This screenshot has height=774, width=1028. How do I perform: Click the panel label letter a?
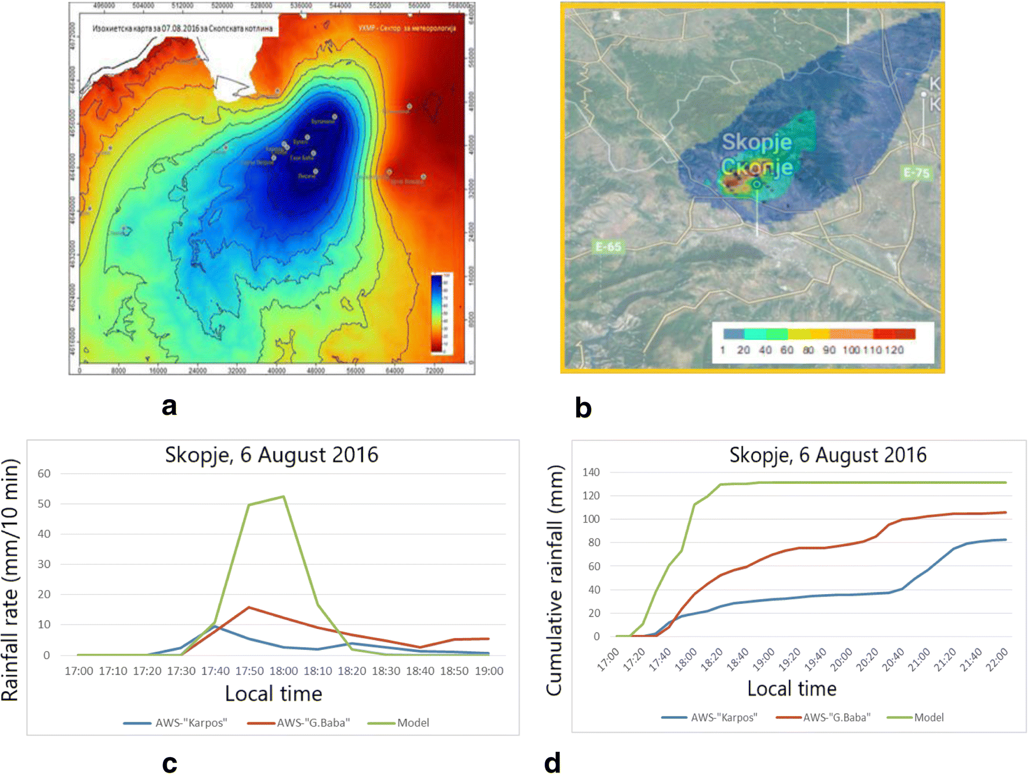(169, 406)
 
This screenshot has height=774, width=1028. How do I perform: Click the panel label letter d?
(552, 762)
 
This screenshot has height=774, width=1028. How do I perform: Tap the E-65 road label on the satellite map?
(608, 247)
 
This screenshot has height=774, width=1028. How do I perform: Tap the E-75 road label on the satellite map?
(916, 173)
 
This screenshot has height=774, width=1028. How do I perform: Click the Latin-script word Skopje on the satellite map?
(756, 142)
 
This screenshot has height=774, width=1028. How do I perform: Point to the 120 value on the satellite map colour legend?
(894, 350)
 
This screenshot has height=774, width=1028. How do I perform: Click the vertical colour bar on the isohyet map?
(436, 313)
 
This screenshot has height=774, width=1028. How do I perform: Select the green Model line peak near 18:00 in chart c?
(283, 497)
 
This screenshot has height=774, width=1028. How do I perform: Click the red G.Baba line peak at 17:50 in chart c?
(249, 607)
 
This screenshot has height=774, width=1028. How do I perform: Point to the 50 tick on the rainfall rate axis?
(44, 504)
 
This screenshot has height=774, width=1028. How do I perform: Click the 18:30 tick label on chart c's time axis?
(386, 671)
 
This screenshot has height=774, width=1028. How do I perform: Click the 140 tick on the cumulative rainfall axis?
(591, 472)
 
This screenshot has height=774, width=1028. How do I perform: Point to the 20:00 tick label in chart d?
(841, 661)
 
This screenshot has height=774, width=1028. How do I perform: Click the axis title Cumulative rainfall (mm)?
(555, 580)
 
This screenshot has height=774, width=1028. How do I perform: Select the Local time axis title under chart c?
(273, 694)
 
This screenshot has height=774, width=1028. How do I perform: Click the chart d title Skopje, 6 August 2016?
(827, 455)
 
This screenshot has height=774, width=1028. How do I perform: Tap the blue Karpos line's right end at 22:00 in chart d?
(1005, 540)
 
